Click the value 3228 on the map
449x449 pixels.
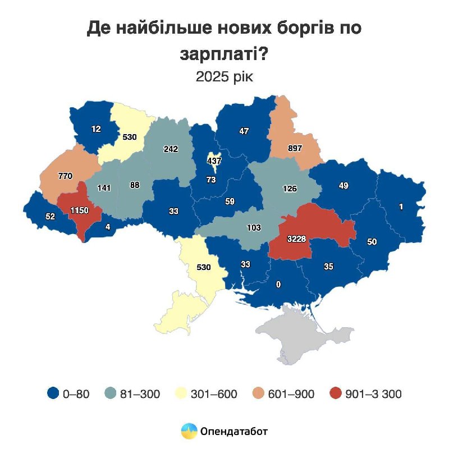(x=297, y=239)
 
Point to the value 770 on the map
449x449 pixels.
(x=66, y=176)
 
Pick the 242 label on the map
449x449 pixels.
(x=171, y=149)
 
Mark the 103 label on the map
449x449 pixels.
(x=255, y=228)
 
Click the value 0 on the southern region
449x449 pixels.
(x=278, y=285)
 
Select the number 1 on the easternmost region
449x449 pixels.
(x=401, y=207)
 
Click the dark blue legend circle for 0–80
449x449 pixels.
(x=53, y=394)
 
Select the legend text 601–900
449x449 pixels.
(x=292, y=394)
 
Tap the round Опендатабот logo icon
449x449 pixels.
(x=189, y=431)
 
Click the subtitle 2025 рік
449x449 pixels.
(x=224, y=77)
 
